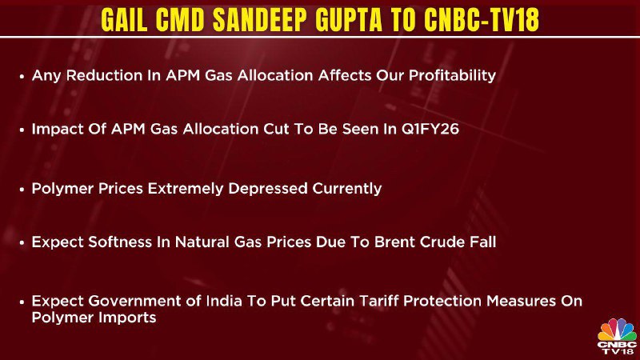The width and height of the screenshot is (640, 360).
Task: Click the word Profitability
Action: pyautogui.click(x=452, y=76)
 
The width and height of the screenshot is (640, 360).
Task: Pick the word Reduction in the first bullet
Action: pyautogui.click(x=104, y=75)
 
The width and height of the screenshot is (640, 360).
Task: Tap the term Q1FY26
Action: pyautogui.click(x=430, y=130)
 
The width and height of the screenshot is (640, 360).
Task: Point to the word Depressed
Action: pyautogui.click(x=268, y=189)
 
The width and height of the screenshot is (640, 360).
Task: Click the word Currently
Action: pyautogui.click(x=347, y=189)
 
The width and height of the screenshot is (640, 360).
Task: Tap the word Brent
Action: pyautogui.click(x=394, y=242)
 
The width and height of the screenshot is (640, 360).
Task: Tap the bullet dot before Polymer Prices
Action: pyautogui.click(x=22, y=190)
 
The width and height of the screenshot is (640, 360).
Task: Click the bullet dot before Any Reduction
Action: pyautogui.click(x=22, y=76)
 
